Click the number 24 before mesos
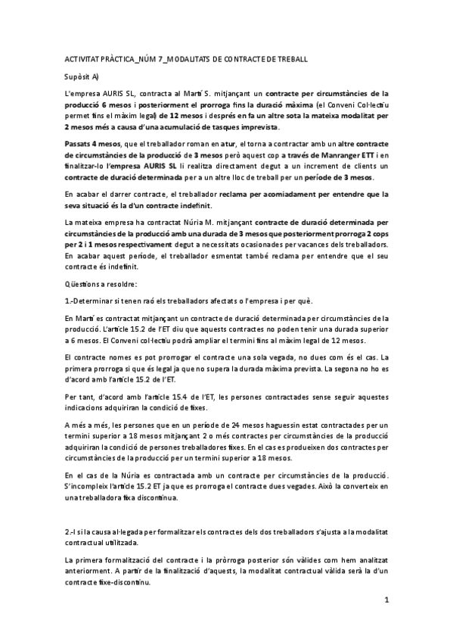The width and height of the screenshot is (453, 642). click(237, 427)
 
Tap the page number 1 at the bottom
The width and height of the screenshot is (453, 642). click(386, 602)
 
